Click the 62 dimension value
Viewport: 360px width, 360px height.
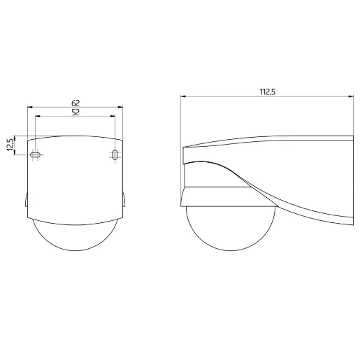pos(75,103)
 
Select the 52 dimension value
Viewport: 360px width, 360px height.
pos(75,113)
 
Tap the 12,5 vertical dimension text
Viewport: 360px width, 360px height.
pos(10,145)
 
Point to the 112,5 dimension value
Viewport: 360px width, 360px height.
pos(268,92)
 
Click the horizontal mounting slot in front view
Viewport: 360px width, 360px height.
pos(36,154)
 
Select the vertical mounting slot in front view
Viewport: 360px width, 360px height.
pos(115,154)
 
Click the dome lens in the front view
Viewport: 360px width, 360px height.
pos(75,236)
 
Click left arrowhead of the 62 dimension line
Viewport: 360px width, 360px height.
pos(30,107)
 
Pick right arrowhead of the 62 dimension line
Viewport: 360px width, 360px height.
pos(120,107)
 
